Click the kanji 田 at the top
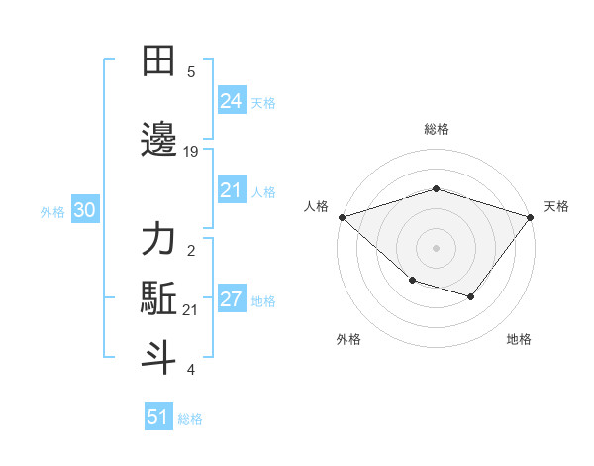[158, 62]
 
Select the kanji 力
[158, 241]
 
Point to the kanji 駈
[158, 299]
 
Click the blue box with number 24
[231, 100]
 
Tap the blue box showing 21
[231, 191]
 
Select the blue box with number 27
[231, 300]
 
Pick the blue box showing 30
[84, 210]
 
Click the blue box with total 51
[158, 417]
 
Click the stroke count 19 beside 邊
[191, 152]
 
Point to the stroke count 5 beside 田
[191, 71]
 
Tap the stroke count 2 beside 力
[191, 251]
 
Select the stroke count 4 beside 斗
[191, 370]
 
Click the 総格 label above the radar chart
[436, 129]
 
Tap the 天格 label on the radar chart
[556, 206]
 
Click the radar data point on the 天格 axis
[530, 216]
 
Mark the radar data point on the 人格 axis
[342, 216]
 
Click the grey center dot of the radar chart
[436, 247]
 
